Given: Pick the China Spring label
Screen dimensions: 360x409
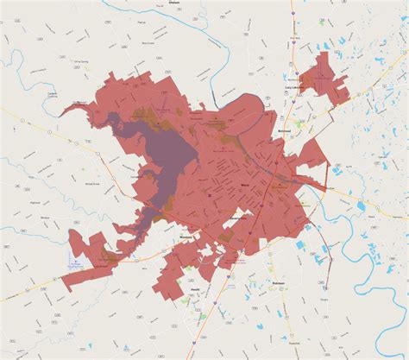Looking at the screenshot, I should pos(59,61).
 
